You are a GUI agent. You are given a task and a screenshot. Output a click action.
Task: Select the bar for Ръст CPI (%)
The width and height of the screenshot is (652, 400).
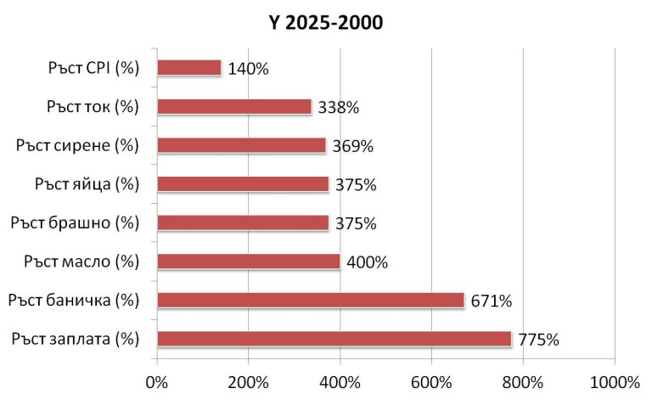click(189, 68)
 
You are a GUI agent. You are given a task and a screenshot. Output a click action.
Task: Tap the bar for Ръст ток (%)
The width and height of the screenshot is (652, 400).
click(234, 107)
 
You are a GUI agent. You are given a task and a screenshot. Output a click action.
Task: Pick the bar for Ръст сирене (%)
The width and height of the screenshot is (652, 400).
click(241, 145)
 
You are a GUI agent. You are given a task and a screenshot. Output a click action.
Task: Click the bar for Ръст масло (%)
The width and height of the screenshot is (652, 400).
click(249, 262)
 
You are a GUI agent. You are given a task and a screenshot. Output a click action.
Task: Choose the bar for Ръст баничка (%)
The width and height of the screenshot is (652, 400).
click(311, 300)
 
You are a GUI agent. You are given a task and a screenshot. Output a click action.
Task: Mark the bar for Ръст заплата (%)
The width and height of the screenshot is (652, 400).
click(334, 339)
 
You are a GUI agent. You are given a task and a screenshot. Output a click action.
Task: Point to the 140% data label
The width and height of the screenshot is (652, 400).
click(248, 69)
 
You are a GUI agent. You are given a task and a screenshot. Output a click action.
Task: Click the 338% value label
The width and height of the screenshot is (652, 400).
click(339, 108)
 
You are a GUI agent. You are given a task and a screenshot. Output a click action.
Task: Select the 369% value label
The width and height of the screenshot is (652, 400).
click(352, 146)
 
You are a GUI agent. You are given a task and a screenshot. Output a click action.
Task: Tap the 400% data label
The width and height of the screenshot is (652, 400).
click(367, 262)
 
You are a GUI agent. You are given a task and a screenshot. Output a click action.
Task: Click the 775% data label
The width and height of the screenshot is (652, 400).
click(538, 340)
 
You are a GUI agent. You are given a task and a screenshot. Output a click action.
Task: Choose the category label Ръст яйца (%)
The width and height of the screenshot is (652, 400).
click(87, 183)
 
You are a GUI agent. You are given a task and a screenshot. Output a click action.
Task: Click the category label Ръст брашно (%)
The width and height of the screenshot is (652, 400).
click(75, 223)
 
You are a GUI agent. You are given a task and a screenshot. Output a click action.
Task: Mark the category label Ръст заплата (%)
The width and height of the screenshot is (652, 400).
click(76, 339)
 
